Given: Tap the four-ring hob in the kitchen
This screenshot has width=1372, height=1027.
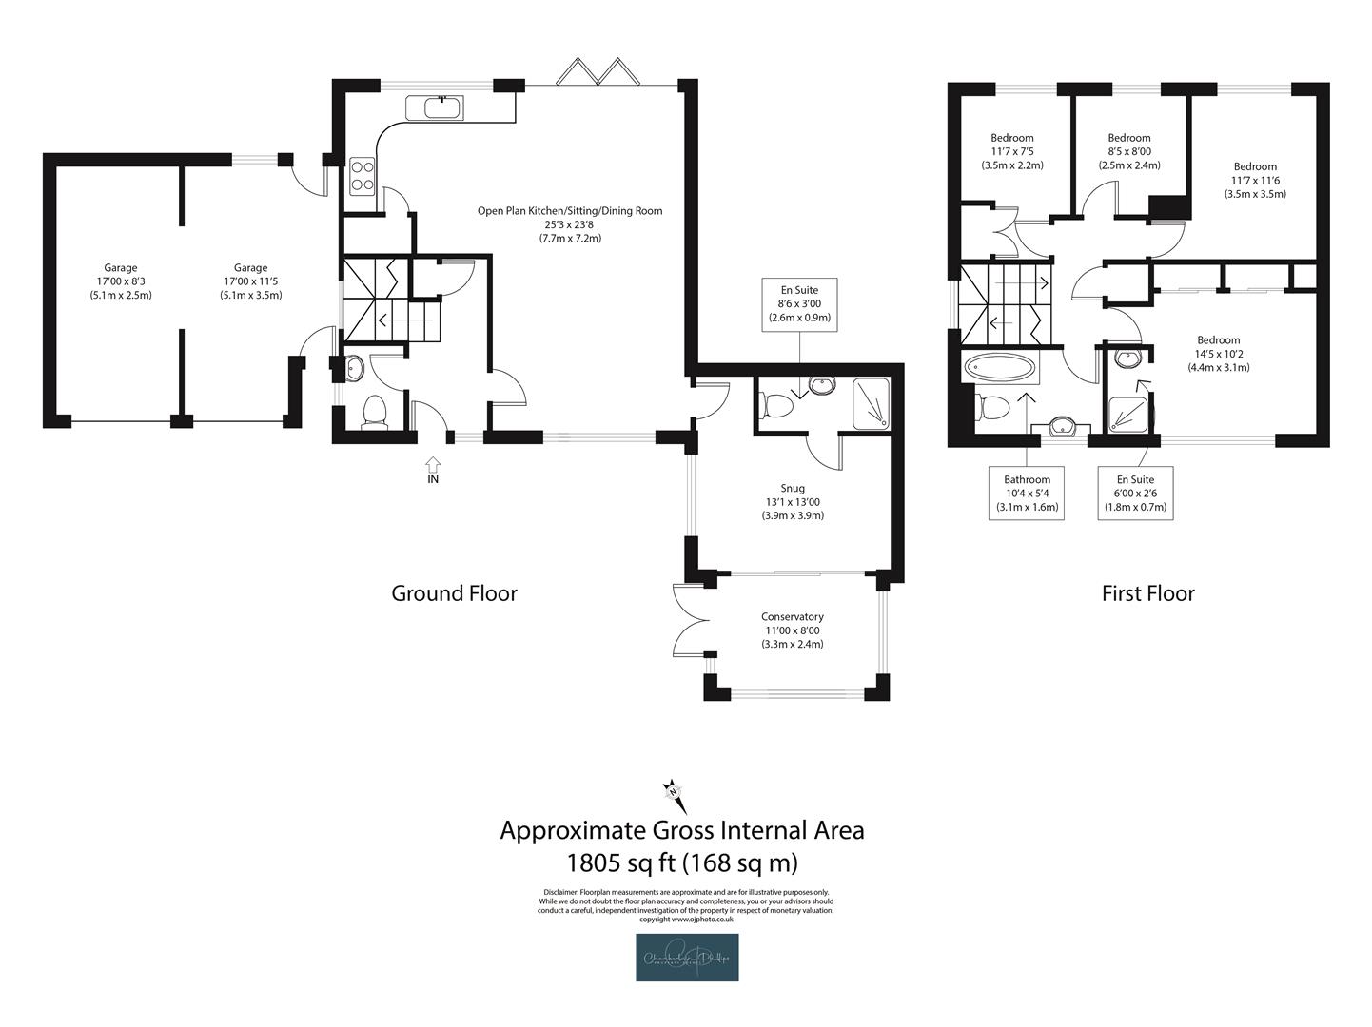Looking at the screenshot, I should tap(362, 175).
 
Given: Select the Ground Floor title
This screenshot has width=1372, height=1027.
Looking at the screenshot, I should tap(454, 593).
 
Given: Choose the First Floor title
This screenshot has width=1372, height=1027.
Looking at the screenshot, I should tap(1147, 593).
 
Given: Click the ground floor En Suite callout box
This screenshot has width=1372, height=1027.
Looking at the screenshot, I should tap(799, 304).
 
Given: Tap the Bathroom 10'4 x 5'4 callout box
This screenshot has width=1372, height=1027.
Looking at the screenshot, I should tap(1027, 493).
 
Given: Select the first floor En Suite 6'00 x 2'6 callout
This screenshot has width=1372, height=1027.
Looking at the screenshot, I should tap(1135, 493).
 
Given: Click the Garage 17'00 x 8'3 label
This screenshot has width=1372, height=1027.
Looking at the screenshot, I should tap(120, 281).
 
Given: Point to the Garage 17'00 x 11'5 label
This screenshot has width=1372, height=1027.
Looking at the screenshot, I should tap(250, 281).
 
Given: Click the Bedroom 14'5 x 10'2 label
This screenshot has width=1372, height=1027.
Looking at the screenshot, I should tap(1218, 353).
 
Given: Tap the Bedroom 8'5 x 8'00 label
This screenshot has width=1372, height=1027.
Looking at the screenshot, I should tap(1128, 151).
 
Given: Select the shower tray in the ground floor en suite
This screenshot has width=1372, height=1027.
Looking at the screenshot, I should tap(871, 402).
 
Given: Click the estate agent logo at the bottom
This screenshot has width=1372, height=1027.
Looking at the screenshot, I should tap(687, 957).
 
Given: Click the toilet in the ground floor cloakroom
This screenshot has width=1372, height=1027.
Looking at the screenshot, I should tap(375, 412).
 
